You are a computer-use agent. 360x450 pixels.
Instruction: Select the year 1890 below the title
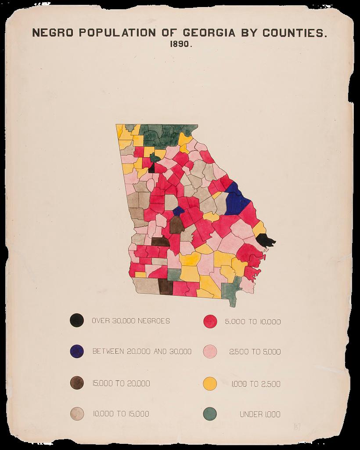[x=180, y=45]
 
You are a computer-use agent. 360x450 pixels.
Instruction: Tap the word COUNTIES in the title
[x=294, y=33]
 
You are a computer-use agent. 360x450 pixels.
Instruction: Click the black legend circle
[x=77, y=320]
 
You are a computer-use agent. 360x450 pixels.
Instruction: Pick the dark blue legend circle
[x=77, y=351]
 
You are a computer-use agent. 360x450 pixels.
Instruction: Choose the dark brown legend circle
[x=77, y=383]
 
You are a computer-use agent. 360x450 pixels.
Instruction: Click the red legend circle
[x=210, y=321]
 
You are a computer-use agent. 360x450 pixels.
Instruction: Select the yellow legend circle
[x=210, y=384]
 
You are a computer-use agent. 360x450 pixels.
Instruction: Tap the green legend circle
[x=210, y=414]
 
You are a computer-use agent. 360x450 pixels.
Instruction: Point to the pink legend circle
[x=210, y=352]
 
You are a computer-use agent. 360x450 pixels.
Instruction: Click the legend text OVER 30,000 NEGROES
[x=131, y=321]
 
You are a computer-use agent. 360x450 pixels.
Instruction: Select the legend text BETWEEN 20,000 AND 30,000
[x=142, y=352]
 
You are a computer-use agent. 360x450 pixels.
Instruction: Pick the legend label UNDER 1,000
[x=260, y=414]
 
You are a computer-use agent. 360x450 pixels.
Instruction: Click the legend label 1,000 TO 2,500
[x=256, y=384]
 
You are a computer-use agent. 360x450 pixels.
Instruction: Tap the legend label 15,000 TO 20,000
[x=121, y=383]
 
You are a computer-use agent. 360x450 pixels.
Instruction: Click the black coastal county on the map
[x=265, y=240]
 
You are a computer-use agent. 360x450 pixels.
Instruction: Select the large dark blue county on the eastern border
[x=237, y=200]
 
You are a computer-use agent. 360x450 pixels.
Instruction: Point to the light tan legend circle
[x=77, y=413]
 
